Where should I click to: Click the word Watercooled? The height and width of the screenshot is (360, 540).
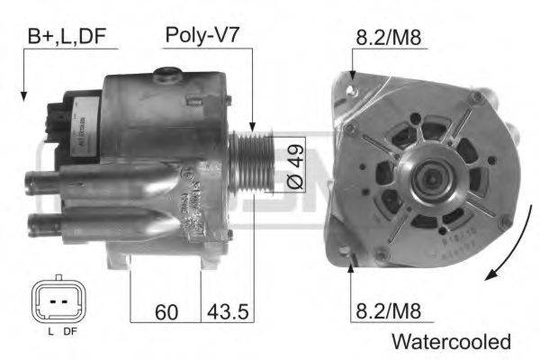click(451, 342)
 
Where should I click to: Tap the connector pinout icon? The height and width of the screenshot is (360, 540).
click(58, 301)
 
